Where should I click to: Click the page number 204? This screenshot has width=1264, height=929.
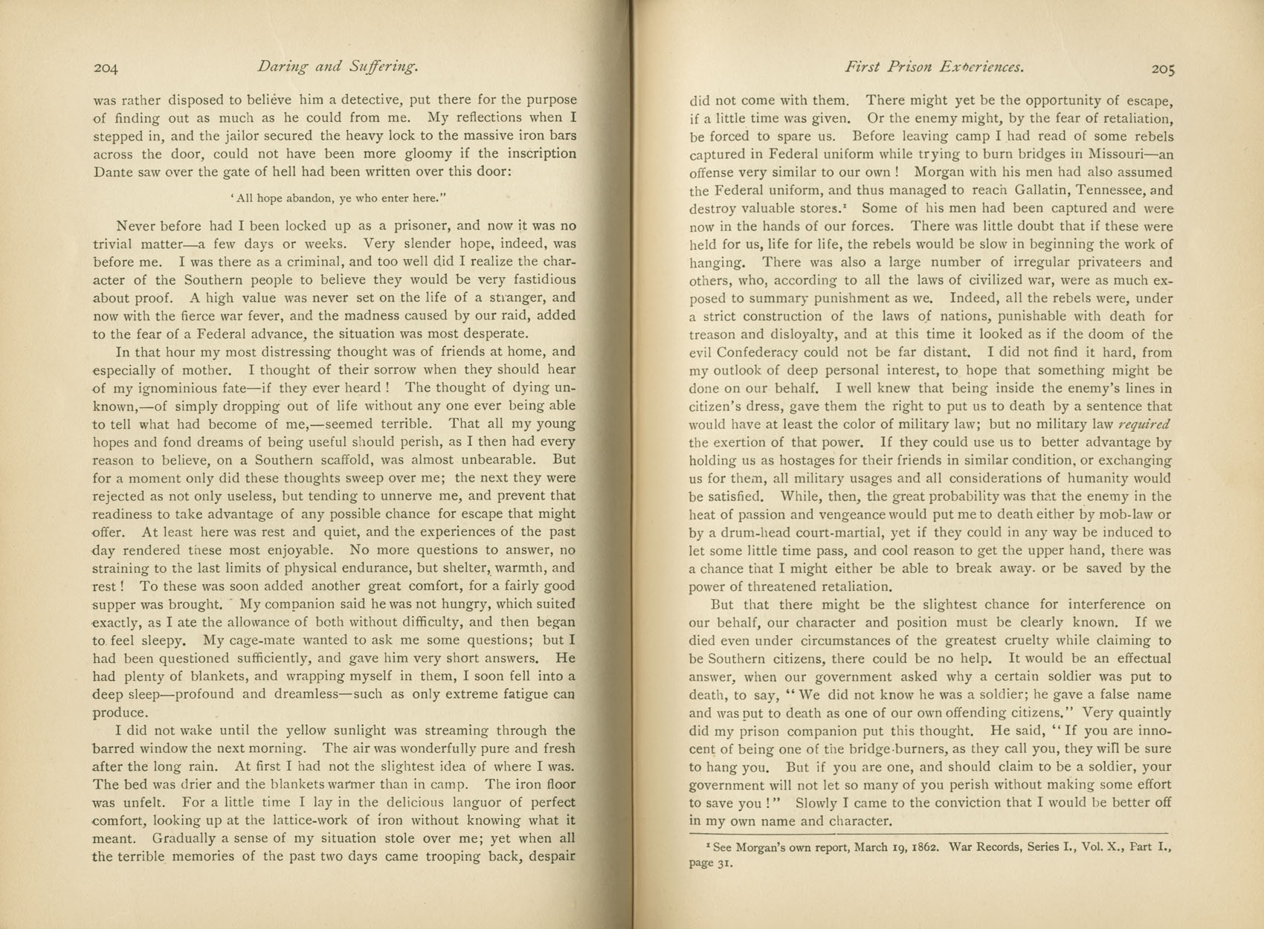[106, 68]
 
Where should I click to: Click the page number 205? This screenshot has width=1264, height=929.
[1163, 69]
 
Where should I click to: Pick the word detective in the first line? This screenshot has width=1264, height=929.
[365, 100]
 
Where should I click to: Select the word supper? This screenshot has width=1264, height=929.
[117, 604]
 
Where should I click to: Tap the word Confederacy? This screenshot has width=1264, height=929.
[767, 352]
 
